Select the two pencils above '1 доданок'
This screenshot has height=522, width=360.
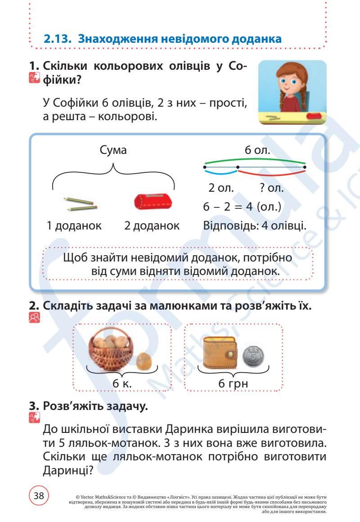pos(80,203)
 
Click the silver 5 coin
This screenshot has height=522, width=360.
pos(254,357)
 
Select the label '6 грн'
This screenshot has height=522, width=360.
pos(233,384)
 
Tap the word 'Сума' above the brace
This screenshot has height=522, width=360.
pos(113,150)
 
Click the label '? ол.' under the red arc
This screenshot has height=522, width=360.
pos(272,188)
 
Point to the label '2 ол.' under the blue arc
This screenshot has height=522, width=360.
pos(221,188)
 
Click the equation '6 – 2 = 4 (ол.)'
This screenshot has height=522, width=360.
pos(242,207)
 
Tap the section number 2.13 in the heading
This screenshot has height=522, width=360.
pos(58,39)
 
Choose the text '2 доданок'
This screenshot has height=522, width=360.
pos(152,225)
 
